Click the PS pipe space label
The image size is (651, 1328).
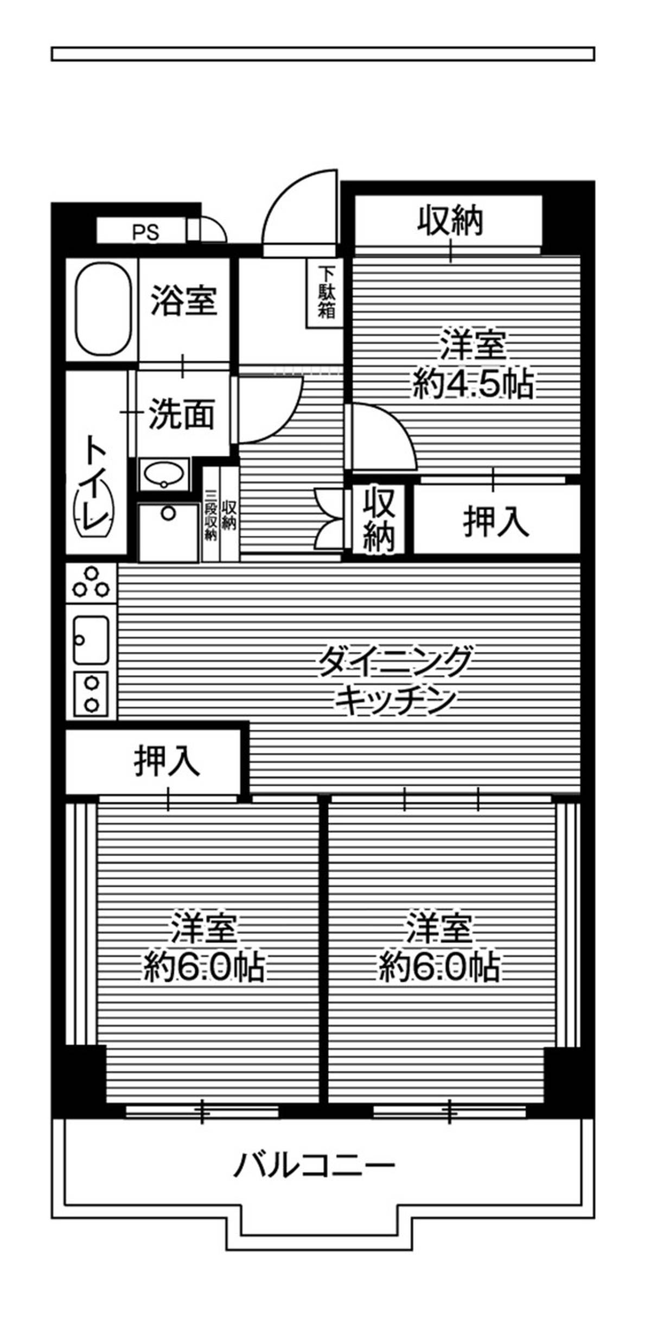coord(146,232)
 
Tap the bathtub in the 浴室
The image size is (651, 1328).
coord(103,309)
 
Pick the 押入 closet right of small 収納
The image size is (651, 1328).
coord(496,521)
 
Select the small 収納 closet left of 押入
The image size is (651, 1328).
coord(379,519)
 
